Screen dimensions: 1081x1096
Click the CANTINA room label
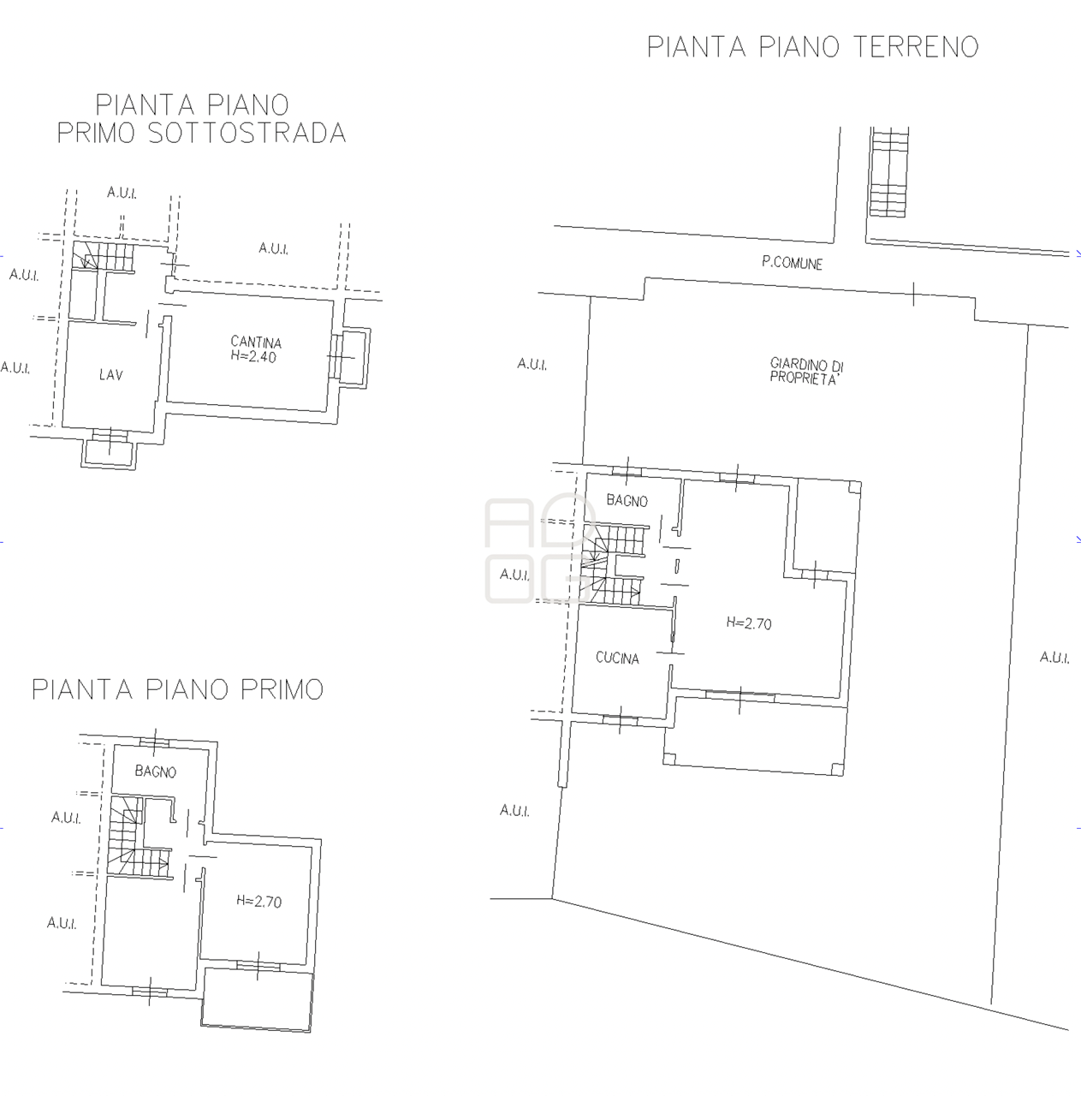pos(256,342)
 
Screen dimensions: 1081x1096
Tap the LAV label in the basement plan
pos(111,375)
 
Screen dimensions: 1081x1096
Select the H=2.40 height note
pos(253,356)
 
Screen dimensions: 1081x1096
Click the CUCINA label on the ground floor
pos(618,658)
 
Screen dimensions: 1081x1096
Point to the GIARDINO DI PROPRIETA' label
pos(806,372)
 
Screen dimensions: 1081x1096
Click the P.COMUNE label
pos(792,264)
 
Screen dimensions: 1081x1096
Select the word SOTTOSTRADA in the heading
pos(246,134)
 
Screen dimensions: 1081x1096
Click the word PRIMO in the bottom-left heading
pos(282,689)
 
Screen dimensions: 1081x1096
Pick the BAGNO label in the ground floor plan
pos(627,501)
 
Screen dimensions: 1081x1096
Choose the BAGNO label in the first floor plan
pos(156,771)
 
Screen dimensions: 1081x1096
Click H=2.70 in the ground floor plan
pos(749,623)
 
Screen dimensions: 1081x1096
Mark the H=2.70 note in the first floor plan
pos(258,902)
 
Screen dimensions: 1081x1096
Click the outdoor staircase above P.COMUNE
pos(888,172)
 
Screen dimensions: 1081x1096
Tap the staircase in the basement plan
pos(104,256)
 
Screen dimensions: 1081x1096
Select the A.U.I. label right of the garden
pos(1054,658)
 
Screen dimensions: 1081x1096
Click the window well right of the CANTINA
pos(352,357)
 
